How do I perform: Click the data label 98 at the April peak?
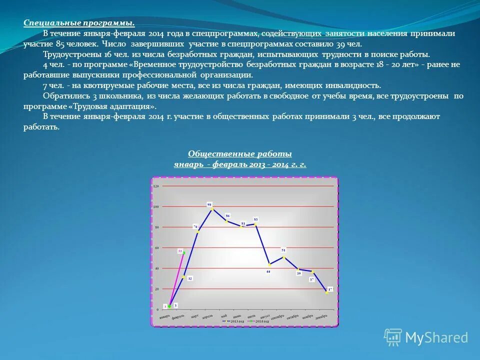pyautogui.click(x=209, y=204)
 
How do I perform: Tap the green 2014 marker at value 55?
pyautogui.click(x=184, y=253)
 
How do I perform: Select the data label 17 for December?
pyautogui.click(x=330, y=289)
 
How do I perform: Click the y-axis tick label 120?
pyautogui.click(x=155, y=186)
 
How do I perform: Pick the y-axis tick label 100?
pyautogui.click(x=155, y=206)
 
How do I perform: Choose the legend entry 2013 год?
pyautogui.click(x=237, y=321)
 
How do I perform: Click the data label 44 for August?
pyautogui.click(x=268, y=271)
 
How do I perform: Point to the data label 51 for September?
pyautogui.click(x=283, y=250)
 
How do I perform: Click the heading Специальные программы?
pyautogui.click(x=79, y=23)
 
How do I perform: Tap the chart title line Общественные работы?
pyautogui.click(x=240, y=154)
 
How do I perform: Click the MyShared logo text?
pyautogui.click(x=436, y=337)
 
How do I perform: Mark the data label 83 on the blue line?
pyautogui.click(x=255, y=219)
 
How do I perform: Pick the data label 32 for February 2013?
pyautogui.click(x=190, y=278)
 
